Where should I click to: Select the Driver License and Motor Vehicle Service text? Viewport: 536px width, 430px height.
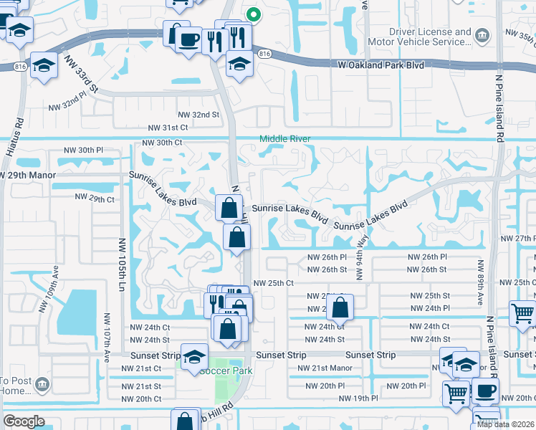pyautogui.click(x=430, y=37)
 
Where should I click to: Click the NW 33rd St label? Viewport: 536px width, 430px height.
pyautogui.click(x=80, y=76)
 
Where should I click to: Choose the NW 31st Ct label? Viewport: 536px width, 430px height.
pyautogui.click(x=168, y=127)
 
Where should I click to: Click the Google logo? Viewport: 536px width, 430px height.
pyautogui.click(x=24, y=421)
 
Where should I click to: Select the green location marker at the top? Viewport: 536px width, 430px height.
pyautogui.click(x=253, y=14)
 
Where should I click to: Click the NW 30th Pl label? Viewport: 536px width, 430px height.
pyautogui.click(x=84, y=150)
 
